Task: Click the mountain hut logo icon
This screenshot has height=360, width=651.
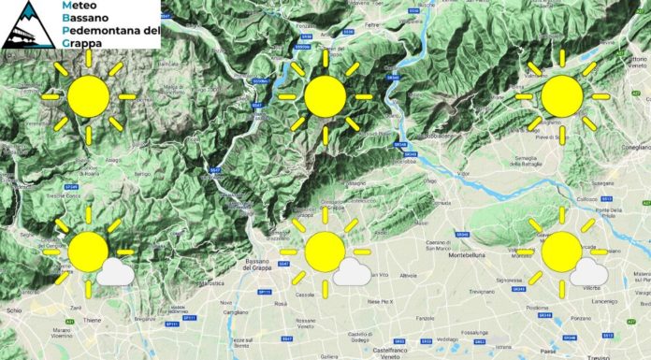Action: click(x=26, y=25)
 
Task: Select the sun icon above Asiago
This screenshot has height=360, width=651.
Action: click(x=88, y=96)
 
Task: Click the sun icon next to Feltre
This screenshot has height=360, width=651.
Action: click(x=325, y=96)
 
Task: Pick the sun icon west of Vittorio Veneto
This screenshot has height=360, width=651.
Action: click(x=561, y=96)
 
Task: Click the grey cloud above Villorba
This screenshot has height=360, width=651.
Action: click(x=587, y=272)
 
